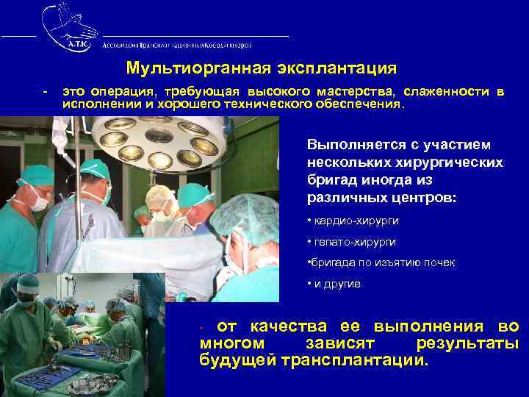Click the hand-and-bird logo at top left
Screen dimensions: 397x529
[69, 26]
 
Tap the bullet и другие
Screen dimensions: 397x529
[334, 283]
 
